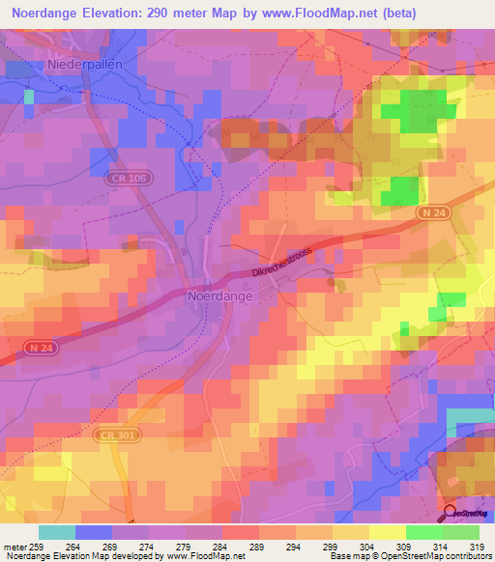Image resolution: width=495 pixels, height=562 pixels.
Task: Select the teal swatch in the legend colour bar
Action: (x=57, y=532)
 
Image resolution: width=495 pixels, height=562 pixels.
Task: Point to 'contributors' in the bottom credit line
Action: (x=466, y=557)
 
